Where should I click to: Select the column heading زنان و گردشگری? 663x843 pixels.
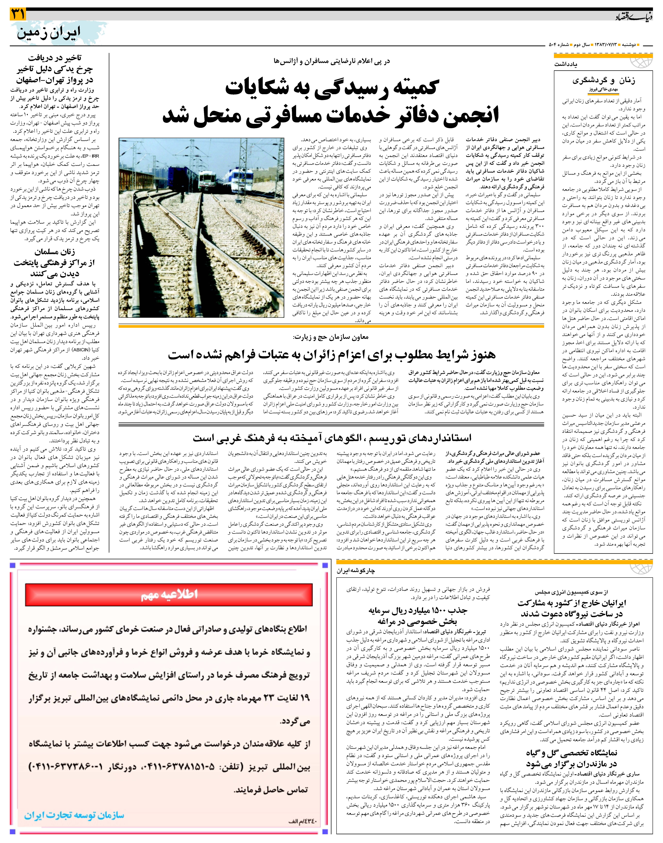click(604, 81)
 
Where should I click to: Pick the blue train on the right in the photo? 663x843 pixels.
click(241, 180)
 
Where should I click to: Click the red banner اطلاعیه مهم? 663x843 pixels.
click(169, 595)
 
